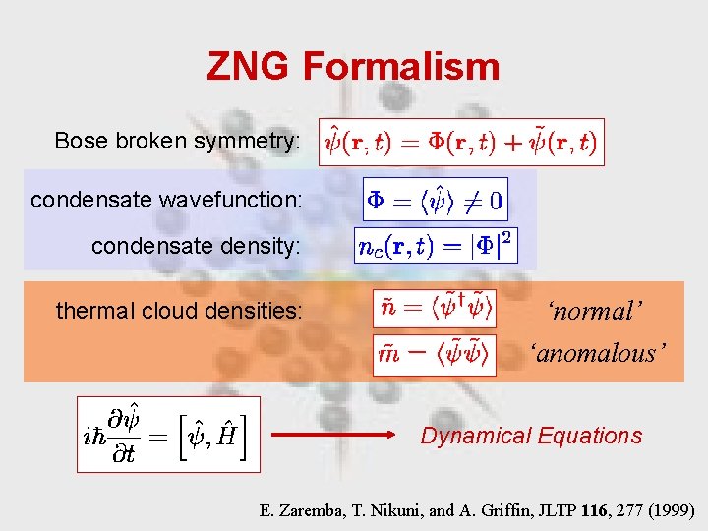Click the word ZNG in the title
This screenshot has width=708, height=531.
tap(248, 67)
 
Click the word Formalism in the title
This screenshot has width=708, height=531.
tap(401, 67)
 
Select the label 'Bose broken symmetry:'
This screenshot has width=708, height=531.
tap(178, 142)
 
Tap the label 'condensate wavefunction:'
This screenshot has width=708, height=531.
tap(166, 200)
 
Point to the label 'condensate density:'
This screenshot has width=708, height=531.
tap(197, 246)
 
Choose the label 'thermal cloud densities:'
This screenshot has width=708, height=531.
tap(180, 312)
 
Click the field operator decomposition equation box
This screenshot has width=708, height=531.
tap(461, 142)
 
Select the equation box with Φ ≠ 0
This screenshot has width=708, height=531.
tap(435, 201)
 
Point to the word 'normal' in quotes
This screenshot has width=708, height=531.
tap(596, 312)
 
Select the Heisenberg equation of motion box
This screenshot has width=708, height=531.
tap(168, 435)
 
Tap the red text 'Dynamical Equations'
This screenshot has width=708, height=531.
tap(531, 436)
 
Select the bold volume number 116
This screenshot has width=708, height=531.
tap(594, 510)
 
